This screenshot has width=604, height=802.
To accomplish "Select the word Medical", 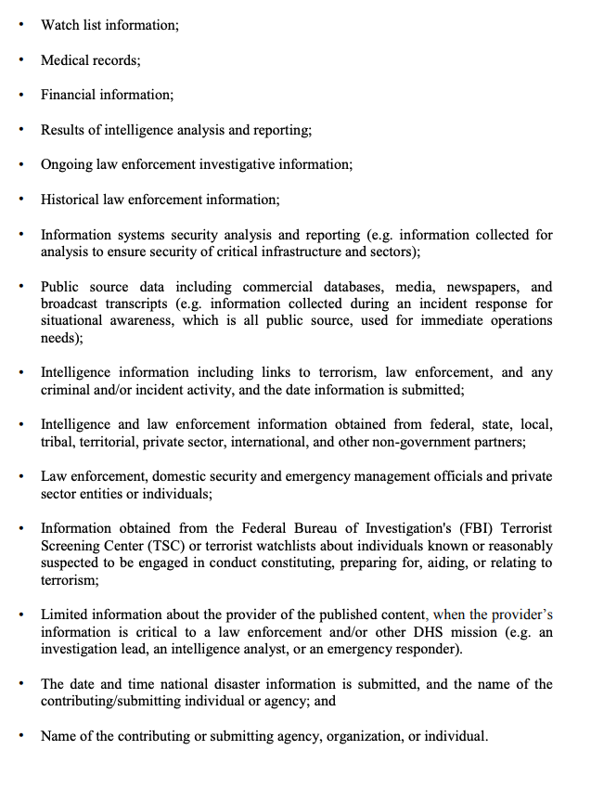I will click(x=66, y=60).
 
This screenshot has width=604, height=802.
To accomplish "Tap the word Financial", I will click(x=70, y=95).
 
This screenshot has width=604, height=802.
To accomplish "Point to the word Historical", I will click(x=71, y=200).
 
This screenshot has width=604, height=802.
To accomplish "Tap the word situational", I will click(x=75, y=320).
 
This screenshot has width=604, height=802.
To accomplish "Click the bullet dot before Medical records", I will click(x=23, y=60).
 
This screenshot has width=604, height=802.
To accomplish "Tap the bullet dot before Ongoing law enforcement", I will click(x=23, y=165).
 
